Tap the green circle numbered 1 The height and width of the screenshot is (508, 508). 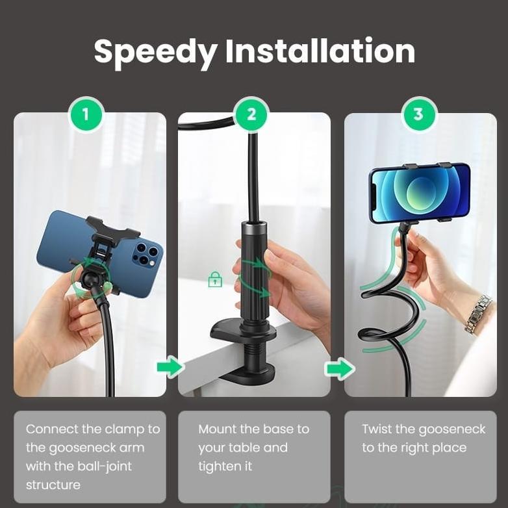86,115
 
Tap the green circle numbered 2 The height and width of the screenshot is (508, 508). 252,115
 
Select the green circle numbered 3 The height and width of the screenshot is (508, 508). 418,115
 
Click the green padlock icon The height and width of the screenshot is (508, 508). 215,280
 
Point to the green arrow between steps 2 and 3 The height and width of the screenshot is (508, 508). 339,370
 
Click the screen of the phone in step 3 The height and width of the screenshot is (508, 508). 419,193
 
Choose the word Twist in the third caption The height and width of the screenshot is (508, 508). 377,429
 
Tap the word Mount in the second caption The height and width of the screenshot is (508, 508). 217,429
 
